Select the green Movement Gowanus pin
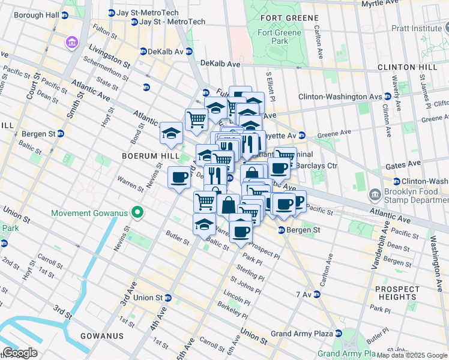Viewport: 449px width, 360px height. (x=137, y=212)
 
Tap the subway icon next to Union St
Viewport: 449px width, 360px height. (x=169, y=298)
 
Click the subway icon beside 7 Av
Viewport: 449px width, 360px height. (x=316, y=295)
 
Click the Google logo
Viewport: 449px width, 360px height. (x=20, y=352)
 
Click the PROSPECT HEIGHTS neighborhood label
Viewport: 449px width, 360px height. (x=397, y=293)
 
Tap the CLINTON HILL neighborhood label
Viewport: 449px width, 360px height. (x=412, y=67)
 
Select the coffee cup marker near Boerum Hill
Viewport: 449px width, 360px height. (x=179, y=178)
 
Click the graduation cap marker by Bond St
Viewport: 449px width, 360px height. (x=171, y=133)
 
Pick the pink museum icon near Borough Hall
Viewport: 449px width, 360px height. (x=71, y=43)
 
